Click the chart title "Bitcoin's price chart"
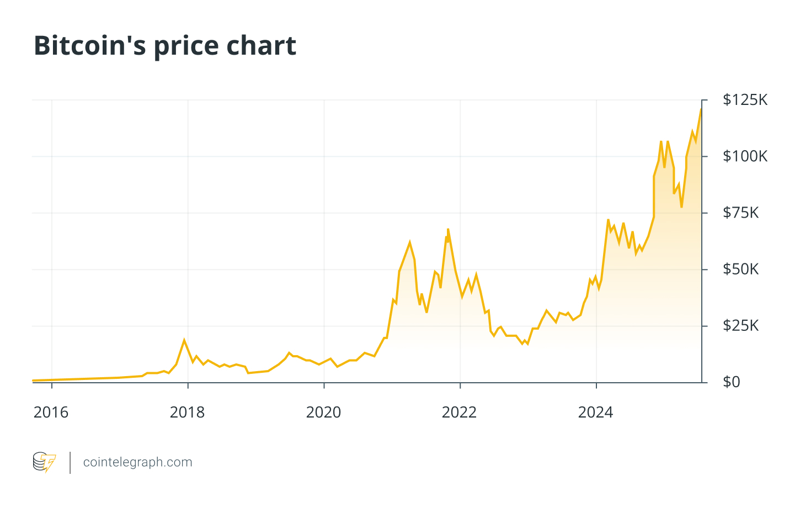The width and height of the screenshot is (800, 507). (165, 46)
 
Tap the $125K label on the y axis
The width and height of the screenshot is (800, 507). (745, 100)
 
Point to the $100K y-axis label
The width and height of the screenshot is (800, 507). (745, 156)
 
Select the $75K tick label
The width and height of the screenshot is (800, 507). (741, 213)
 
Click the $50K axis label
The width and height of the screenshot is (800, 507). (741, 270)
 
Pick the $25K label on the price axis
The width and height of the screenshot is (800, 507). (741, 326)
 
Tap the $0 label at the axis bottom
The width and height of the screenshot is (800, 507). (731, 382)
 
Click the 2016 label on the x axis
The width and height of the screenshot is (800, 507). (51, 413)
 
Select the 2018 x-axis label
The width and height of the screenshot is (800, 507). (187, 413)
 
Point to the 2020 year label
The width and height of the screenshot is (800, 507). (323, 413)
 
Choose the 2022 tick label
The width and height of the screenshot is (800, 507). (459, 413)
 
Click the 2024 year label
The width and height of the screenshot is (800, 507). (595, 413)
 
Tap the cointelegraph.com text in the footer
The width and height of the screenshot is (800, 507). (137, 462)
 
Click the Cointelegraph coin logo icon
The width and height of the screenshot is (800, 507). (44, 462)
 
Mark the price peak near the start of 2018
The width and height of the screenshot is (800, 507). (184, 340)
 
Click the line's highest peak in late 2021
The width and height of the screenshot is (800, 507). (448, 229)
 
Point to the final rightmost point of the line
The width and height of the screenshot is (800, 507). (701, 109)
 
